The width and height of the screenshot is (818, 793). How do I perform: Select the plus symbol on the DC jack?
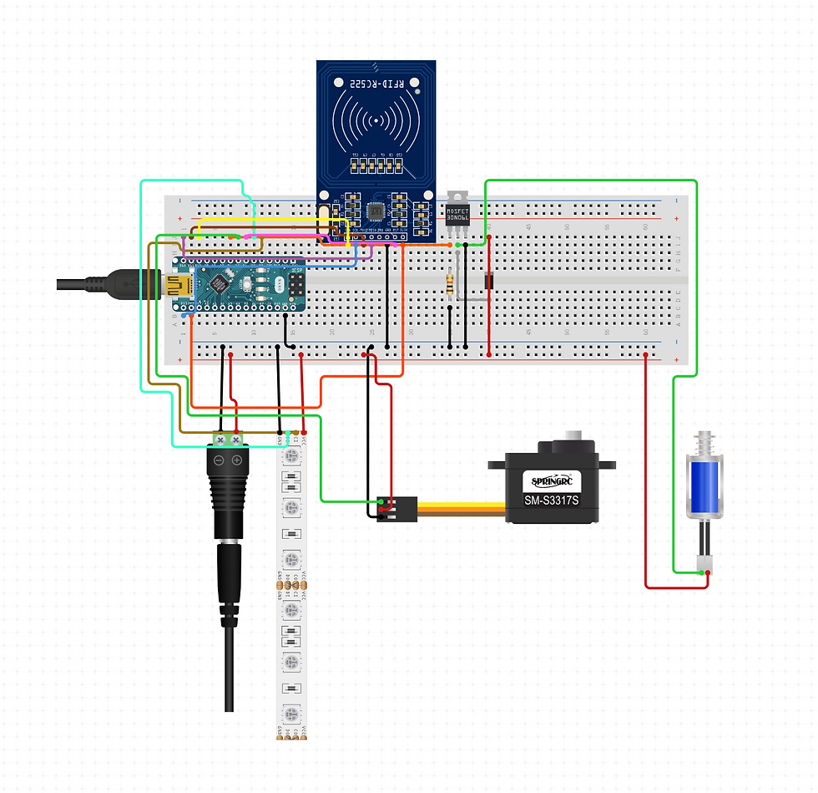point(237,461)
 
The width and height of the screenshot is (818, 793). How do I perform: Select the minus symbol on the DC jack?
point(219,461)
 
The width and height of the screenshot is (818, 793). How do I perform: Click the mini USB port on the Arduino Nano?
point(176,287)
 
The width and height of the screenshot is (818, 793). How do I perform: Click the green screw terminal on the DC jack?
point(228,438)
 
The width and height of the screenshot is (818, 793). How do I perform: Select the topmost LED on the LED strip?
point(291,455)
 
